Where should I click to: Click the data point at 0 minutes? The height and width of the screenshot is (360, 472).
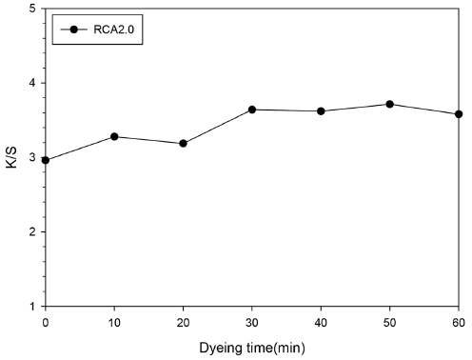tap(46, 160)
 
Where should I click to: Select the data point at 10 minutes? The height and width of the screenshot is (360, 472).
tap(114, 136)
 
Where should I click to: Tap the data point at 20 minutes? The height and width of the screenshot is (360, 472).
tap(183, 144)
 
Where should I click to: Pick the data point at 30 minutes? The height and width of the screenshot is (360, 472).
tap(252, 110)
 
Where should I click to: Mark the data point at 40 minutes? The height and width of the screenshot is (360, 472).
tap(321, 111)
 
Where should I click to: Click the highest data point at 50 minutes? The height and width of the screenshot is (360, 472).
tap(389, 104)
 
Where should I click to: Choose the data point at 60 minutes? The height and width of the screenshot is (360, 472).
tap(459, 114)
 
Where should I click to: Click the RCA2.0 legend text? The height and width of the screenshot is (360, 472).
tap(120, 30)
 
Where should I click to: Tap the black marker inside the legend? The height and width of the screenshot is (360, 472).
tap(75, 30)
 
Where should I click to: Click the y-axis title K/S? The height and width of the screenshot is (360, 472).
tap(12, 157)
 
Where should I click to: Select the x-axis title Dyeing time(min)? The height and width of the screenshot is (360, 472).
tap(251, 348)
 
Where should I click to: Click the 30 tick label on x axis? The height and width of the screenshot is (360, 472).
tap(252, 322)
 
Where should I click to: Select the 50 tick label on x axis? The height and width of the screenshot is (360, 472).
tap(389, 322)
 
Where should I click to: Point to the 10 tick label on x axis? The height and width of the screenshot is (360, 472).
tap(114, 322)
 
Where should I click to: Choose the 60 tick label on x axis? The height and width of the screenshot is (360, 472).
tap(458, 322)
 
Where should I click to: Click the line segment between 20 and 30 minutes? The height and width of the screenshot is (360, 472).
tap(218, 127)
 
